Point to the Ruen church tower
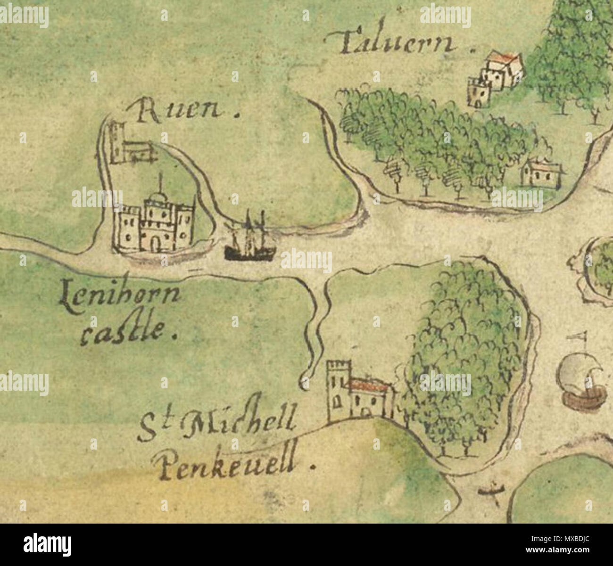coord(116,141)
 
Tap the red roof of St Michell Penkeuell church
coord(370,384)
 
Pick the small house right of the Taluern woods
coord(541,174)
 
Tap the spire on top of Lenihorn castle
coord(161,184)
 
